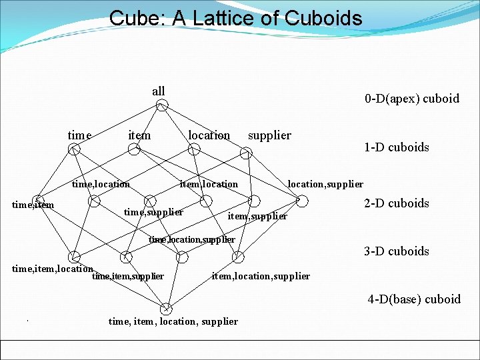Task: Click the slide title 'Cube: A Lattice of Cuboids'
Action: (236, 18)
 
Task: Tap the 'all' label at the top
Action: (158, 91)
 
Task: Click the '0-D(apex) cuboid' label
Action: (411, 99)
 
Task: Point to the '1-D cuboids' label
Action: (397, 147)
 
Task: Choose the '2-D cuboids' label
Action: (397, 203)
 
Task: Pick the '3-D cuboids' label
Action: (397, 251)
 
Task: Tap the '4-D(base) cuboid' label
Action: (414, 299)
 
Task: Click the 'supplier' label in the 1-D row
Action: (269, 135)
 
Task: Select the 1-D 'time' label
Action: (79, 135)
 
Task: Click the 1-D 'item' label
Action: (139, 135)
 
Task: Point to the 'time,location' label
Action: (101, 184)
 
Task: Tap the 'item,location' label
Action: (209, 184)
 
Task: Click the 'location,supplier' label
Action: (325, 184)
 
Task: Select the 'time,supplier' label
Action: (153, 212)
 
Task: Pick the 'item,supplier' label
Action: (257, 216)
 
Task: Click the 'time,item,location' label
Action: (53, 269)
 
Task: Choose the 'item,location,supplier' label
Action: (261, 276)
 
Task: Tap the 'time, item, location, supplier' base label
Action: (173, 321)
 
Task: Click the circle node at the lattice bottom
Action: (166, 309)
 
